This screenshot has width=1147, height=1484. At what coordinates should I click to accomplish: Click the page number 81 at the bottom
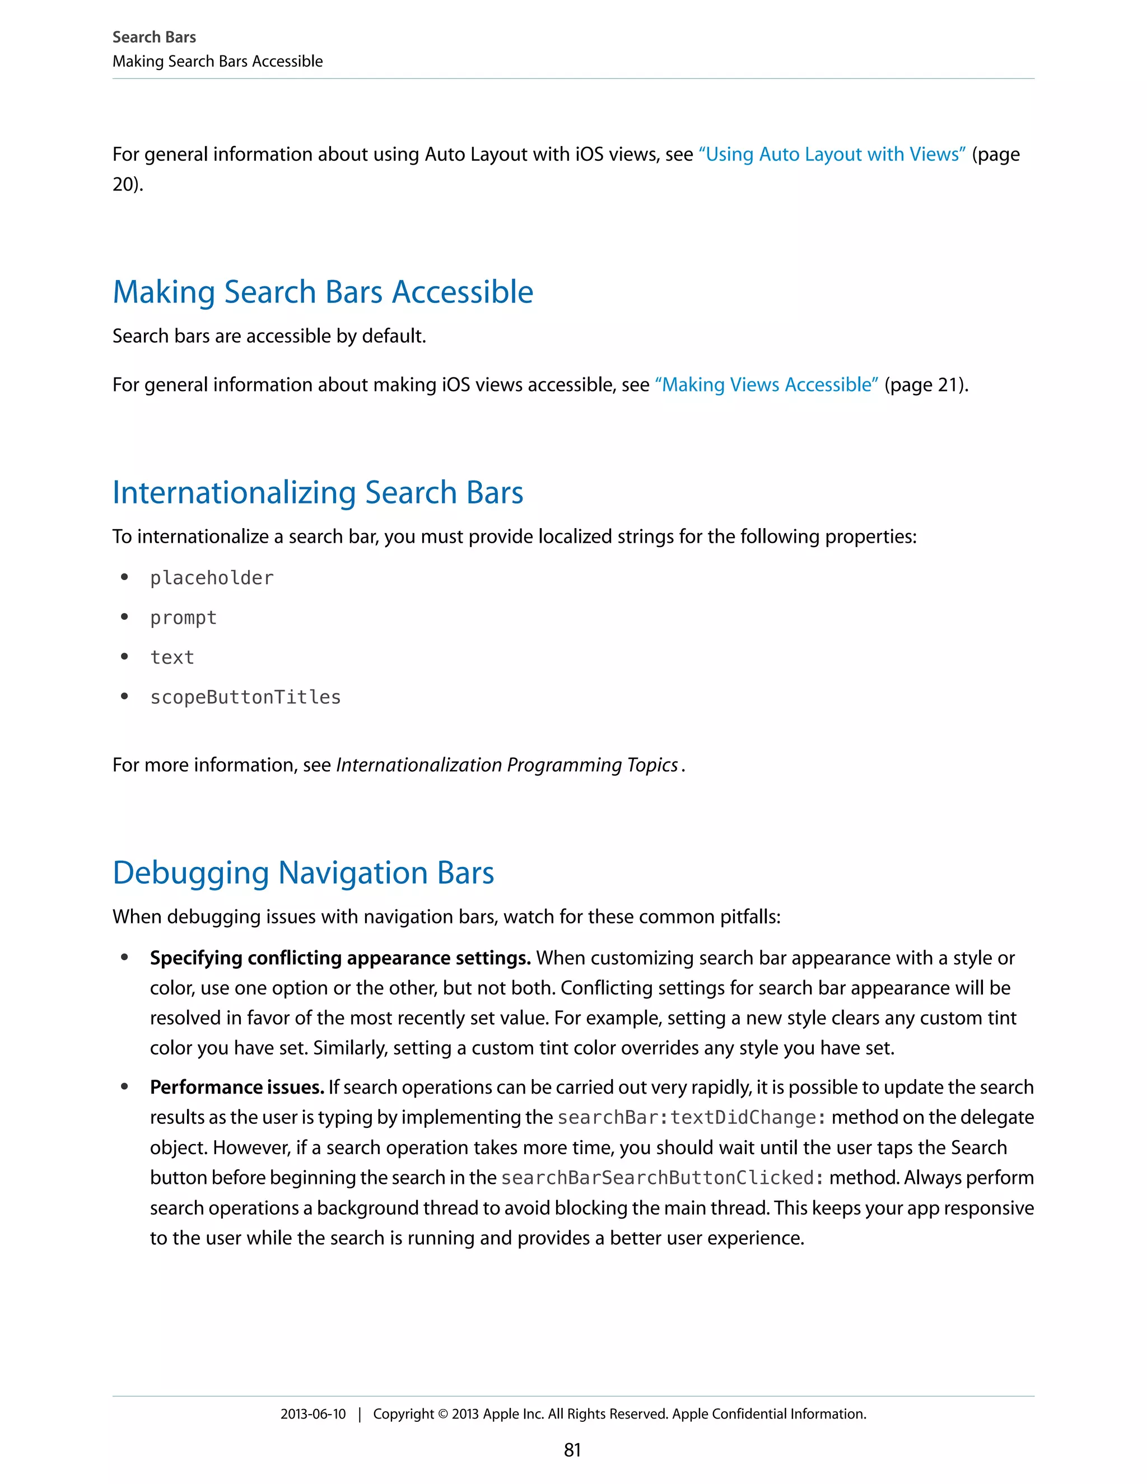pyautogui.click(x=572, y=1450)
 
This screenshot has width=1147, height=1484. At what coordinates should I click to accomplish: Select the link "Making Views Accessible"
pyautogui.click(x=767, y=385)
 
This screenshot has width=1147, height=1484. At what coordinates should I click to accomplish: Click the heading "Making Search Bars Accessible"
pyautogui.click(x=323, y=292)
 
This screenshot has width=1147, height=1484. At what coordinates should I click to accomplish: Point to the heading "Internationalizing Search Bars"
pyautogui.click(x=318, y=493)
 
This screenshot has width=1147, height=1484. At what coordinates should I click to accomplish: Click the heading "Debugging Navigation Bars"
pyautogui.click(x=303, y=872)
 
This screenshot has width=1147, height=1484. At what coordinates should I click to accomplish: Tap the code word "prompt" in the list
pyautogui.click(x=183, y=618)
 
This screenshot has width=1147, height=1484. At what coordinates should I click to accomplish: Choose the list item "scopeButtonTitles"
pyautogui.click(x=245, y=697)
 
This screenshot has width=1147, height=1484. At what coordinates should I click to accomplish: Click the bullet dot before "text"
pyautogui.click(x=124, y=656)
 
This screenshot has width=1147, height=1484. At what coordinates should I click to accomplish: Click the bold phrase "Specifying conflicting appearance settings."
pyautogui.click(x=340, y=958)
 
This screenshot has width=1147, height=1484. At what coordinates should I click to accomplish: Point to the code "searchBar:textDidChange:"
pyautogui.click(x=692, y=1118)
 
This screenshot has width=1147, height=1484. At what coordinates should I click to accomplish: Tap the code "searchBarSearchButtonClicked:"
pyautogui.click(x=663, y=1178)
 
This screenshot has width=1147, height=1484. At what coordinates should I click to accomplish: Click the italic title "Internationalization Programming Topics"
pyautogui.click(x=507, y=765)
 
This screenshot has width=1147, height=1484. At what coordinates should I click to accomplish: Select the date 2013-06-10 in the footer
pyautogui.click(x=313, y=1414)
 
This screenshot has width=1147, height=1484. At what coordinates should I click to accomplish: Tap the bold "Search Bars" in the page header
pyautogui.click(x=154, y=37)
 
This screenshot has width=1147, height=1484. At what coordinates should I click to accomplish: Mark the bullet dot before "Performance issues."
pyautogui.click(x=124, y=1086)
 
